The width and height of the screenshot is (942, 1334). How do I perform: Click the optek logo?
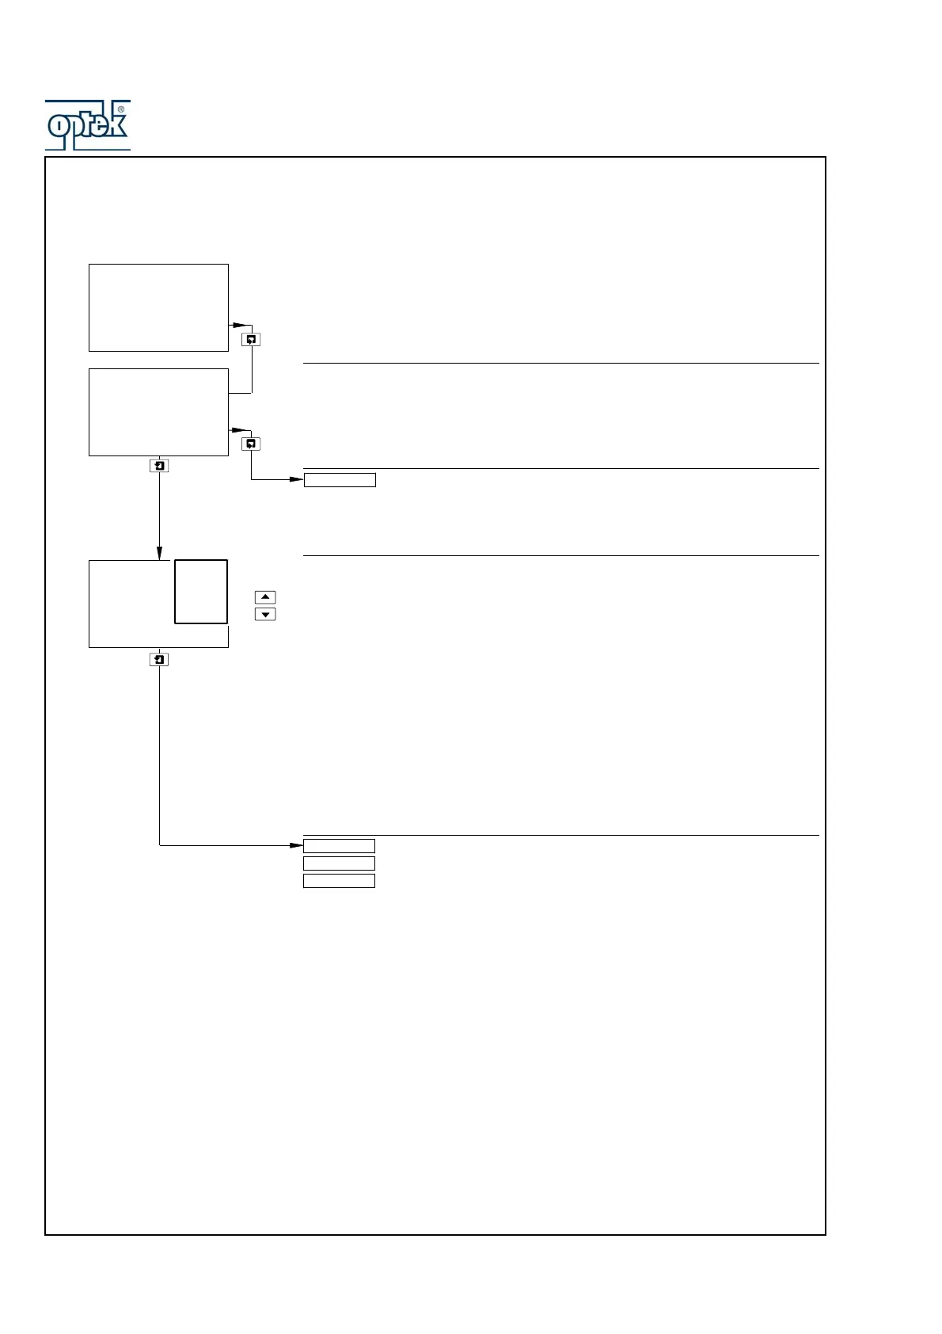coord(87,125)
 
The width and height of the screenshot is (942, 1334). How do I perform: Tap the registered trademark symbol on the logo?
coord(121,109)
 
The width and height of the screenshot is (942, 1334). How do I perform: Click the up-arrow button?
coord(265,597)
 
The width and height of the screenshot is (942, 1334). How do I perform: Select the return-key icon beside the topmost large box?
coord(251,340)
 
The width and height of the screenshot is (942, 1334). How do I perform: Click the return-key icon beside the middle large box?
coord(251,444)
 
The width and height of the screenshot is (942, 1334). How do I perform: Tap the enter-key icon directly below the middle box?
coord(159,466)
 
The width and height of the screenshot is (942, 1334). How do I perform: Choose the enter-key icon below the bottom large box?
coord(159,659)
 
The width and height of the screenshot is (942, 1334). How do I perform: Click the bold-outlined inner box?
coord(201,592)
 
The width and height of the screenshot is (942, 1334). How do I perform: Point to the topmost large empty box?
coord(158,307)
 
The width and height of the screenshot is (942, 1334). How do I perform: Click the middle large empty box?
coord(158,412)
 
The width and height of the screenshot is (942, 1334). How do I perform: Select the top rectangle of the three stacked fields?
coord(339,846)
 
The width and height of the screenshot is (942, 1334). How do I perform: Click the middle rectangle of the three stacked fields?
coord(339,863)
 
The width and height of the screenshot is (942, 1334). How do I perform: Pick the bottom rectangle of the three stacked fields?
coord(339,881)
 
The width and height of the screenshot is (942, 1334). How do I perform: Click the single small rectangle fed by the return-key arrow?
coord(340,480)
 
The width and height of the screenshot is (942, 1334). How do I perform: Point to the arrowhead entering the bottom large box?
coord(159,553)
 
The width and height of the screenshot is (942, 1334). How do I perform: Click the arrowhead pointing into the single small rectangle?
coord(296,480)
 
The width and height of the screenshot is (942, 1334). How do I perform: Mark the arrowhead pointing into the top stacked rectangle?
coord(296,845)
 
